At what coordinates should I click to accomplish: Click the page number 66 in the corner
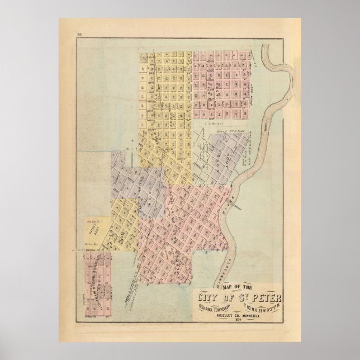click(x=79, y=36)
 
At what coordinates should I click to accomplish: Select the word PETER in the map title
click(x=266, y=295)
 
